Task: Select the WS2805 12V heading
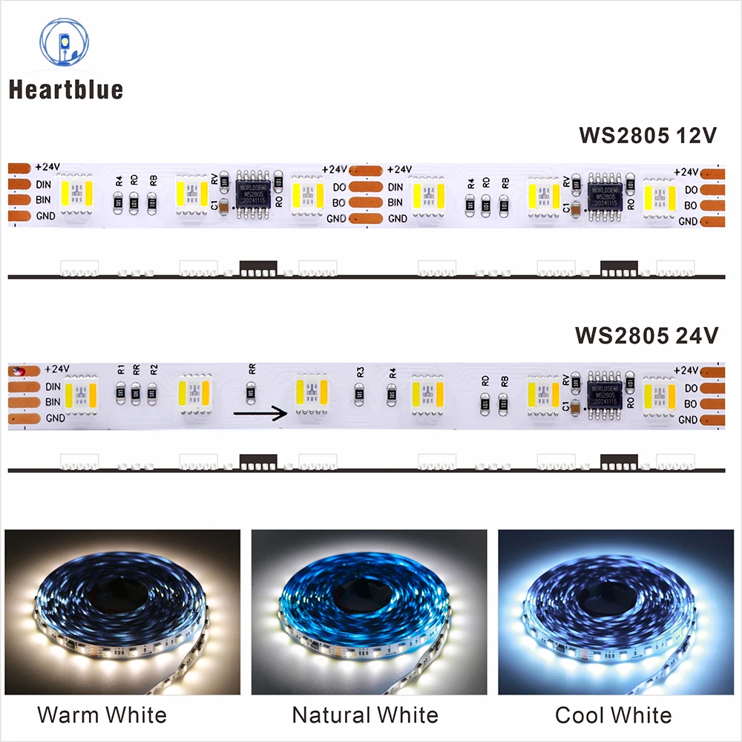pyautogui.click(x=648, y=136)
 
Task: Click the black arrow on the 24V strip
pyautogui.click(x=260, y=413)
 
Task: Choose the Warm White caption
pyautogui.click(x=102, y=715)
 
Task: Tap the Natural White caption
pyautogui.click(x=365, y=715)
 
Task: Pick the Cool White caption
pyautogui.click(x=613, y=715)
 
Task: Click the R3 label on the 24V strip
pyautogui.click(x=361, y=371)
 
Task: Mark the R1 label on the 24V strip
pyautogui.click(x=121, y=369)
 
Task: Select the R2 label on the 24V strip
pyautogui.click(x=153, y=369)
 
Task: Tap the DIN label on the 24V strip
pyautogui.click(x=53, y=386)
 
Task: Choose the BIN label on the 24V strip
pyautogui.click(x=53, y=401)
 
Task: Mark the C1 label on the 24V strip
pyautogui.click(x=568, y=407)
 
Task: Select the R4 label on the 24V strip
pyautogui.click(x=393, y=371)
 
